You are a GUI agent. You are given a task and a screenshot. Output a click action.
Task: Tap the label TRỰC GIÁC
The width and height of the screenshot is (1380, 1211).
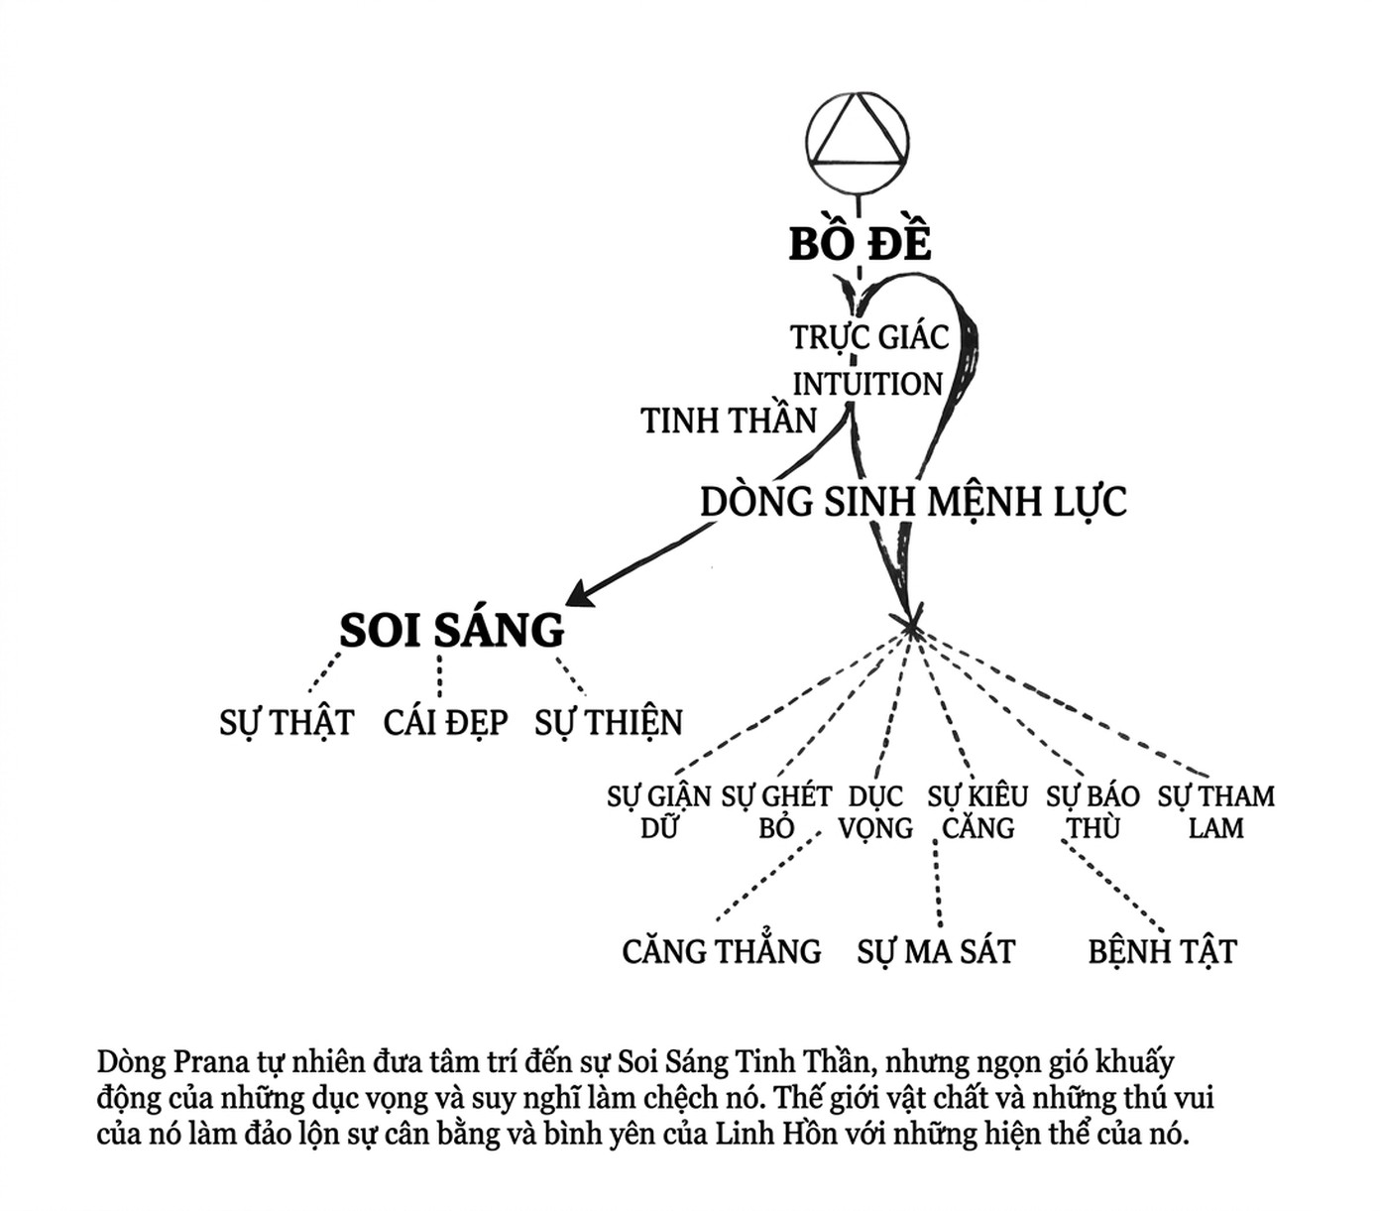[869, 336]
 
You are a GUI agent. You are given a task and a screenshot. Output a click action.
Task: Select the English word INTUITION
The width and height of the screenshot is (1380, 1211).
[867, 385]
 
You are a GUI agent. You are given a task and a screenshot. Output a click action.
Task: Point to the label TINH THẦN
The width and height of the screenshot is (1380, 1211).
[728, 420]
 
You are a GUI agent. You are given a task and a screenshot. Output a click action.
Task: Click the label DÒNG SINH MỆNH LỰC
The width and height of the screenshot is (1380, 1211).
[913, 502]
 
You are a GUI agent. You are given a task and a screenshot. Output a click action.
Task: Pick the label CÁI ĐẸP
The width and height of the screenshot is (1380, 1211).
[445, 722]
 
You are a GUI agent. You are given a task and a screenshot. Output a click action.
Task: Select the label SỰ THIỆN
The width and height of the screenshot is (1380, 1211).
[609, 723]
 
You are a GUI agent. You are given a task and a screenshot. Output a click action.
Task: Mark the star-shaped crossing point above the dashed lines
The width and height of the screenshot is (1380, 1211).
[911, 622]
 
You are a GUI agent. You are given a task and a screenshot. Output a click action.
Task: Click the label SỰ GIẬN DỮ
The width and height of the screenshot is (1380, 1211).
[658, 811]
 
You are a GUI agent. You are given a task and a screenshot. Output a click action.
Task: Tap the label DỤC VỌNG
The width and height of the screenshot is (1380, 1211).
[875, 812]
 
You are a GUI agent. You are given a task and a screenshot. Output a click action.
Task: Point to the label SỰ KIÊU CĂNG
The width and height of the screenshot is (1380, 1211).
[977, 811]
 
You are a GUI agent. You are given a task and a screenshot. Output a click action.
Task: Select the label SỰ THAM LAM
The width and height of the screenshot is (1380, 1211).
[1215, 811]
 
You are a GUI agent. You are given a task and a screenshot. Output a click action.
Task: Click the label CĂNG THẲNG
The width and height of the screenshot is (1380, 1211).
[722, 949]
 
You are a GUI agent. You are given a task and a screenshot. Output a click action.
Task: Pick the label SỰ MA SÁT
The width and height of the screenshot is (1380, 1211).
[936, 951]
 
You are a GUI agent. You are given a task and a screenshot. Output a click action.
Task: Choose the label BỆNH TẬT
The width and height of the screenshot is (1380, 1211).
[1162, 951]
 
